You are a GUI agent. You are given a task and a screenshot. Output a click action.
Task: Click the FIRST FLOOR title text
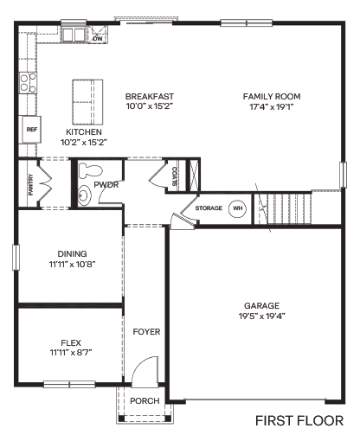click(299, 421)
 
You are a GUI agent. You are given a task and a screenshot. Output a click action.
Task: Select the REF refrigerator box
click(32, 129)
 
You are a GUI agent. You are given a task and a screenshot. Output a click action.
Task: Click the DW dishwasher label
click(98, 39)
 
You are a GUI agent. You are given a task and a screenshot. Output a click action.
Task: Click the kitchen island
click(86, 102)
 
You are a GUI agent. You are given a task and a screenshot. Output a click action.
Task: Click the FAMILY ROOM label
click(271, 96)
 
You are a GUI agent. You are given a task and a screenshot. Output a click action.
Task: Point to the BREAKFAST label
click(149, 96)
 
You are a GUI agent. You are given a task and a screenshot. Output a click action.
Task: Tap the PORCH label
click(144, 400)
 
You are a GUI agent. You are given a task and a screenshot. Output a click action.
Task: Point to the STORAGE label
click(209, 208)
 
